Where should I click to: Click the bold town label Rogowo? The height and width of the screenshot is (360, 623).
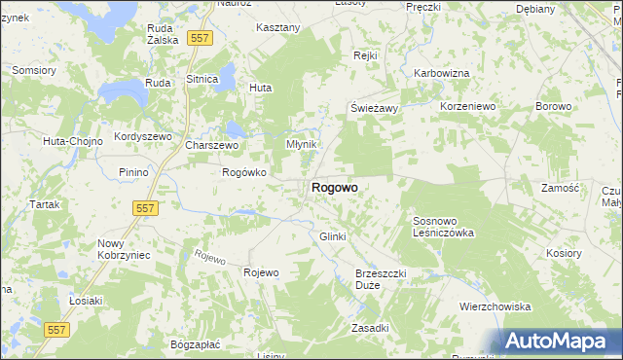point(334,187)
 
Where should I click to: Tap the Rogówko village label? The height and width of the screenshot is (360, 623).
point(244,172)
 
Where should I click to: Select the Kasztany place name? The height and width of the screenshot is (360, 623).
point(277,28)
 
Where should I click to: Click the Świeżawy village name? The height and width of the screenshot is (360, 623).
point(375,108)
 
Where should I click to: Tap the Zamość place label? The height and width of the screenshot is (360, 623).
point(560,187)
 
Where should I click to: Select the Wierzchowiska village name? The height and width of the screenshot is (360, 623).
point(495,306)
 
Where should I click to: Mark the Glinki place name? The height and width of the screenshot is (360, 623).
point(333,236)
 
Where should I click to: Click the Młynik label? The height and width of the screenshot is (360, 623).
point(302,143)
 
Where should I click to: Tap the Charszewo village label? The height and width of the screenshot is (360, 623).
point(211,145)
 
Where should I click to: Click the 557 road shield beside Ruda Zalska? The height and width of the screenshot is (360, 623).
point(200,37)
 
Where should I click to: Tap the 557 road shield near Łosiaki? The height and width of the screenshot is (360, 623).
point(47,330)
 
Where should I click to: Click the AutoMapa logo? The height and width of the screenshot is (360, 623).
point(560,341)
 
